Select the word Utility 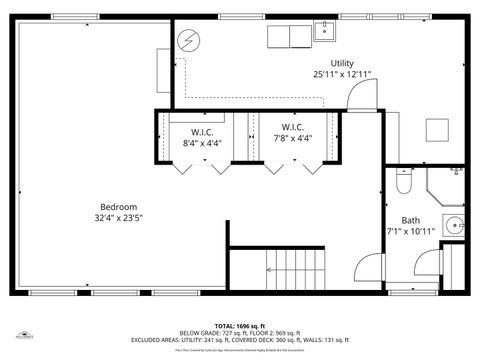[x=341, y=63]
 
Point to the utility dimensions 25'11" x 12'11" [x=341, y=74]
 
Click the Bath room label [x=411, y=220]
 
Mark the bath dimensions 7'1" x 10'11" [x=411, y=231]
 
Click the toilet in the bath [x=403, y=182]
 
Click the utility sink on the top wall [x=325, y=32]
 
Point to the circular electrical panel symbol [x=188, y=40]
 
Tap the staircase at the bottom [x=296, y=270]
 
